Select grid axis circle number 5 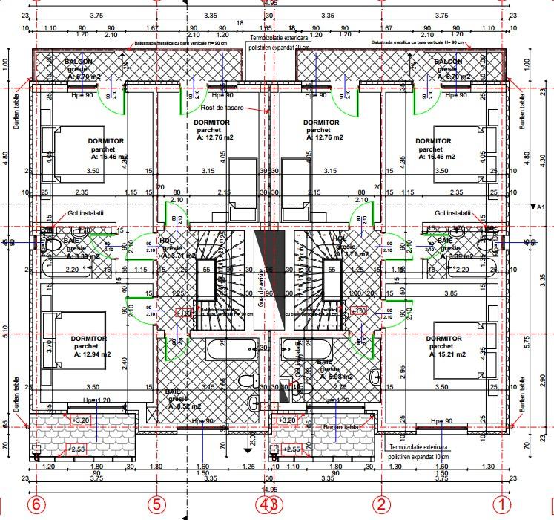point(156,504)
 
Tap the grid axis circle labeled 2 point(381,504)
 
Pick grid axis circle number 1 point(504,504)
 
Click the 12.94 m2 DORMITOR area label point(90,346)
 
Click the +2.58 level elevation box point(77,449)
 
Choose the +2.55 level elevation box point(294,449)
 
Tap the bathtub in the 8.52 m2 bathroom point(232,348)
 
